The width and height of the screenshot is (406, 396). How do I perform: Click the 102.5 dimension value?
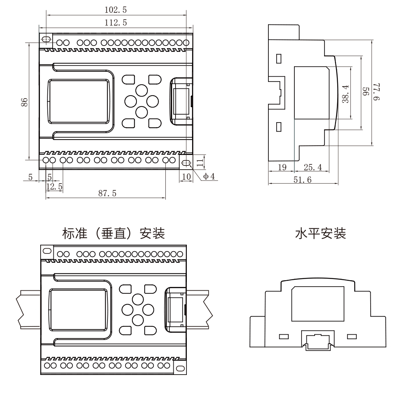[115, 10]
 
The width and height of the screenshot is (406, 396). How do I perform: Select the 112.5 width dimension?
[115, 23]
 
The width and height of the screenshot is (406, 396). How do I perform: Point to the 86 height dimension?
[24, 102]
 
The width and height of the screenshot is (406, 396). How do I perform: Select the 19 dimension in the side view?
[281, 167]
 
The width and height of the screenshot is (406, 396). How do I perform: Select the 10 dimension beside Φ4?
[186, 176]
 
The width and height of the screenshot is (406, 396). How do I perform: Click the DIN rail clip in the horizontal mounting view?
[318, 341]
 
